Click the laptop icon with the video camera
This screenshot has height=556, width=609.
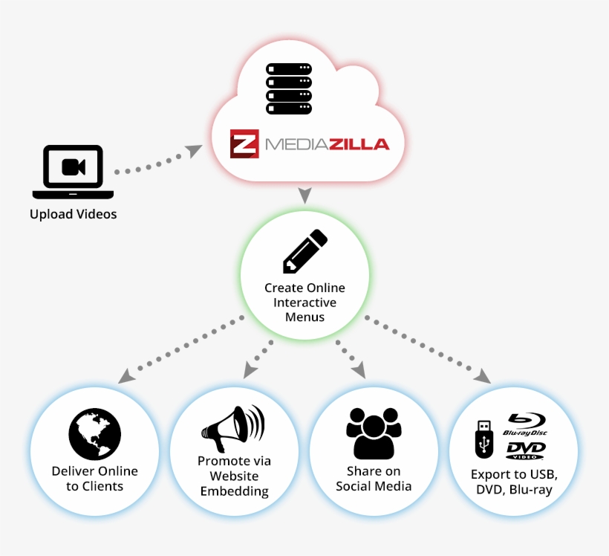point(73,171)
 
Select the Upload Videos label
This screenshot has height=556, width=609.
point(73,215)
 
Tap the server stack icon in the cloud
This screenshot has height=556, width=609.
point(288,89)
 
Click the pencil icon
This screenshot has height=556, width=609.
point(304,251)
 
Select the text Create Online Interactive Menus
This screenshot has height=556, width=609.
point(304,303)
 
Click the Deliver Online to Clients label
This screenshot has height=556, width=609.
point(94,479)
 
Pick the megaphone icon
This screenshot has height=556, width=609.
point(232,429)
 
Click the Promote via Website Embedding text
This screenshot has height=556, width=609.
point(234,476)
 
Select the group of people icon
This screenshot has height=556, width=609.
point(374,433)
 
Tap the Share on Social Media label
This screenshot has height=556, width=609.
point(374,479)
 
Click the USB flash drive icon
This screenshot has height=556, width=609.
point(483,439)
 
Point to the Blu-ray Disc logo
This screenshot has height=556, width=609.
point(525,424)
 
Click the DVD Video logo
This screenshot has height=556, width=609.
point(526,450)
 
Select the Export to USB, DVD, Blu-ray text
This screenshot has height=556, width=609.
point(514,482)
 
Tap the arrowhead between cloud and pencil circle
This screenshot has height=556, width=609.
point(304,196)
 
